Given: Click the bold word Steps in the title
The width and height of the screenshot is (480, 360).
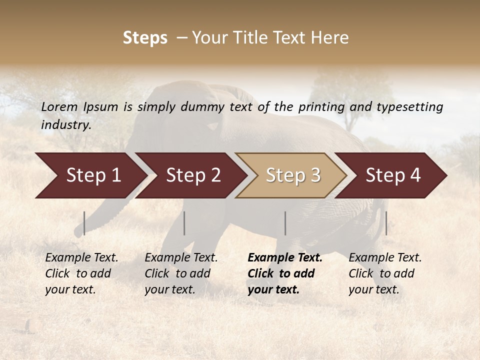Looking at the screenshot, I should pos(145,38).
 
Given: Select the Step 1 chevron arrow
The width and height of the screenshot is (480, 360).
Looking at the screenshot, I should pos(90,175).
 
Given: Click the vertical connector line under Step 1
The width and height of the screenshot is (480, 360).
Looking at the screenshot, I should pos(84,223).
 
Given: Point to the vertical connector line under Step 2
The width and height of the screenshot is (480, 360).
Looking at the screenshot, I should pos(184,223).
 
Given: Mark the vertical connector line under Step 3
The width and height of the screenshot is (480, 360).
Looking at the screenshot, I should pos(285,223).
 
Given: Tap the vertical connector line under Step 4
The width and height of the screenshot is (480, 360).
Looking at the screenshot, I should pos(386,223).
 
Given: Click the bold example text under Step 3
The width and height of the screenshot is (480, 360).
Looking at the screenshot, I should pos(284,273).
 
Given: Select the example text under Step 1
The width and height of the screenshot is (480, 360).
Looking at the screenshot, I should pos(81,273).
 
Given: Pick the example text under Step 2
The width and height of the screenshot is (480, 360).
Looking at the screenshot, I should pos(181,273).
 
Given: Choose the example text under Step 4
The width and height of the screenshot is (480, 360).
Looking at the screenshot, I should pos(384,273).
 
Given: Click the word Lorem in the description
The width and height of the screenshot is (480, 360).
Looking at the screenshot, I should pos(59,107).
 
